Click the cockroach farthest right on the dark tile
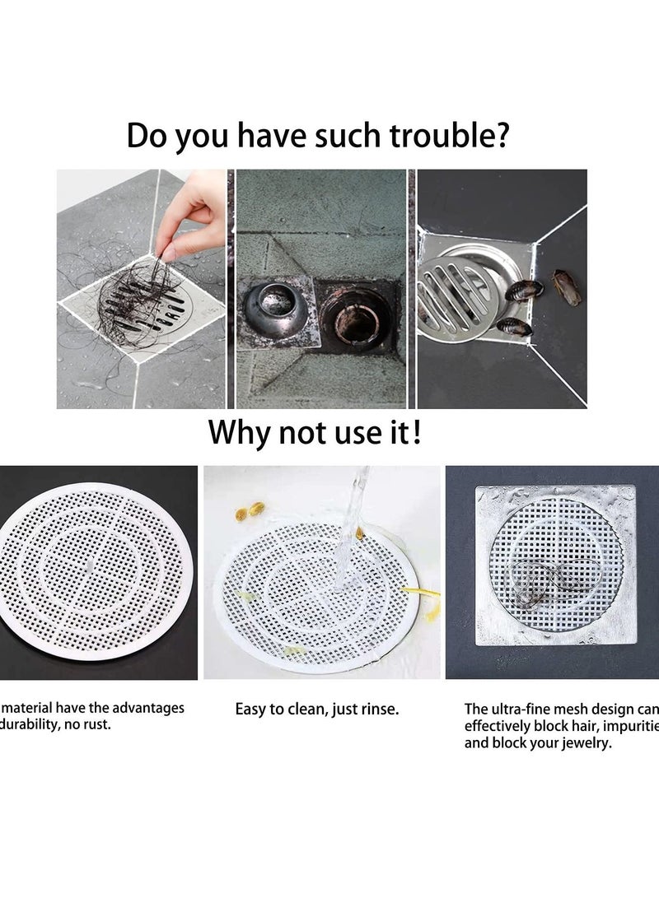tap(566, 287)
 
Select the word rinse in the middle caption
tap(376, 709)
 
